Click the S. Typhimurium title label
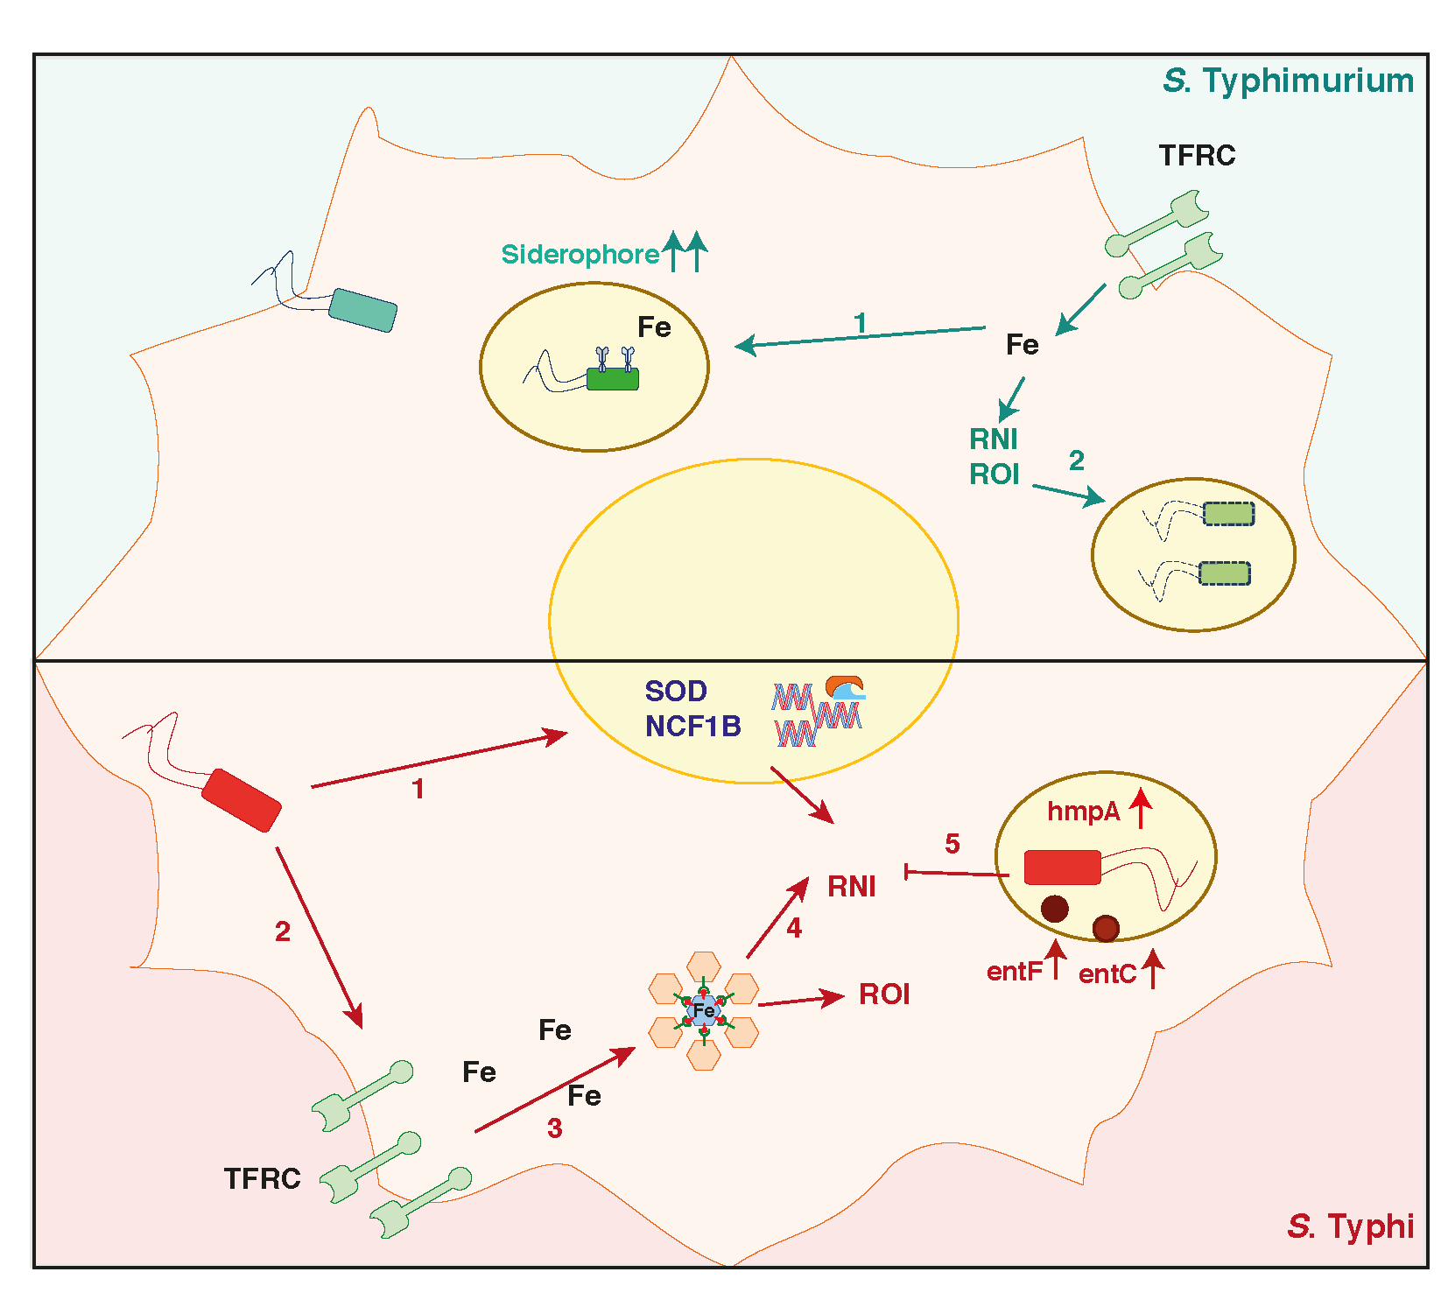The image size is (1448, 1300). [x=1288, y=81]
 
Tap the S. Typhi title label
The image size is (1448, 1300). [x=1350, y=1226]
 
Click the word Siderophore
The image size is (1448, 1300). [x=580, y=254]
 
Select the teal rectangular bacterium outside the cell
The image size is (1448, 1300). [x=363, y=310]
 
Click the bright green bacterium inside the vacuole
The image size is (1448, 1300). [x=612, y=379]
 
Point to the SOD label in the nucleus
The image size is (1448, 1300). [x=675, y=691]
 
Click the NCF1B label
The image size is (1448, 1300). [x=692, y=726]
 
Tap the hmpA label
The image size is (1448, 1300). [x=1083, y=812]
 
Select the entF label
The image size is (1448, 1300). [x=1014, y=972]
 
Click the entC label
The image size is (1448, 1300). [x=1107, y=973]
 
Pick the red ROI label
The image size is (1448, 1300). [x=884, y=994]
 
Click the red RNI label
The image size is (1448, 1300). [x=851, y=887]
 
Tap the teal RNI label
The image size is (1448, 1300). [x=993, y=438]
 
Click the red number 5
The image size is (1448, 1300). [x=952, y=844]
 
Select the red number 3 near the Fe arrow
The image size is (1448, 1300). [x=554, y=1128]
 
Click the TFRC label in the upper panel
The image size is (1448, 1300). [x=1197, y=155]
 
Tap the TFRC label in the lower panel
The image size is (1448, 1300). [x=262, y=1178]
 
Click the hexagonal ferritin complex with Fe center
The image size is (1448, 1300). [x=704, y=1010]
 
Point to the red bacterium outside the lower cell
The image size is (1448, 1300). [x=241, y=799]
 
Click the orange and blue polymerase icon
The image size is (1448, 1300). [x=845, y=688]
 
